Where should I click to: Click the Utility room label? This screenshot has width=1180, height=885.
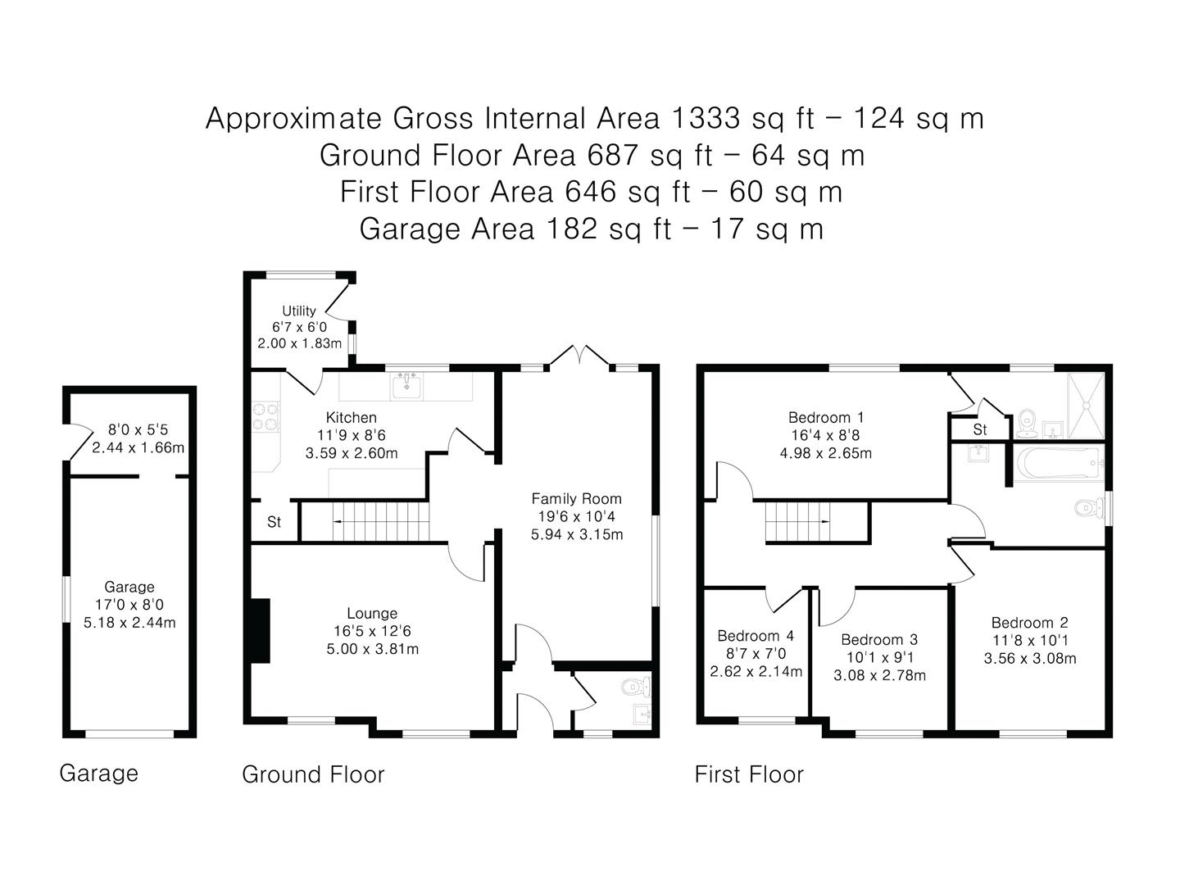click(x=299, y=311)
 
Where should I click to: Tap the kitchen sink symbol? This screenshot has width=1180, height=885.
click(x=406, y=386)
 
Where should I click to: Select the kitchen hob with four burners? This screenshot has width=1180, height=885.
click(x=265, y=417)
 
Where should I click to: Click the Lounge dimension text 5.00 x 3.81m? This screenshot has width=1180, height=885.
click(x=373, y=648)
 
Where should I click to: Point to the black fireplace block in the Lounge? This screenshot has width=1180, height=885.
click(x=261, y=630)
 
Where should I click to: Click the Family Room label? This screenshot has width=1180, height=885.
click(x=576, y=499)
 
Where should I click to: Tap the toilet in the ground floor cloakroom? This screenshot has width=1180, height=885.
click(x=636, y=686)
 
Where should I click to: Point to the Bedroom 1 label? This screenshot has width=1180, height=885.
click(x=826, y=417)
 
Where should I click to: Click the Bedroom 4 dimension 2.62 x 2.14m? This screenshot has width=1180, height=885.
click(x=756, y=671)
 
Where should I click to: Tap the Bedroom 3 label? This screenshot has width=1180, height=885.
click(x=879, y=639)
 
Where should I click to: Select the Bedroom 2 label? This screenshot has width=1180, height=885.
click(x=1029, y=622)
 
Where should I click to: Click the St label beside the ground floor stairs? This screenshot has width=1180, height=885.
click(x=275, y=521)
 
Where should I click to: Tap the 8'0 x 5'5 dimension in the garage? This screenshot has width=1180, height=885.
click(x=138, y=429)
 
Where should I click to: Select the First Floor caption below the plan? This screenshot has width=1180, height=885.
click(x=749, y=774)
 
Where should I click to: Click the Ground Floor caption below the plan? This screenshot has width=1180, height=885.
click(x=313, y=774)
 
